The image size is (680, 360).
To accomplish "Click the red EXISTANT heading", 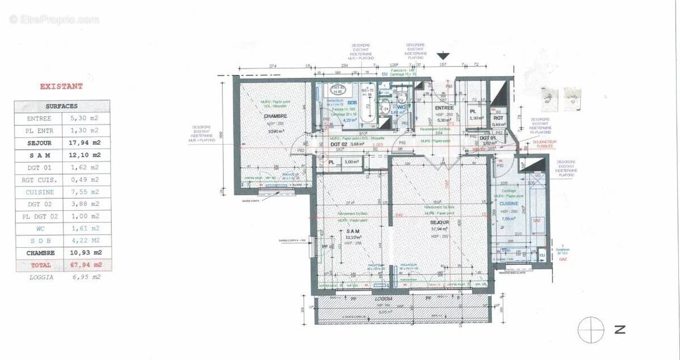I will click(61, 87).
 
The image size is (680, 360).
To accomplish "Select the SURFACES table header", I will click(62, 106).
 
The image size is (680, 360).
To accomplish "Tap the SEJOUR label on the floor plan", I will click(439, 222).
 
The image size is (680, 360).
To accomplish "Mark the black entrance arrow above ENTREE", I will click(443, 56).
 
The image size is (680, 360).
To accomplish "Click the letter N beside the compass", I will click(620, 329).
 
